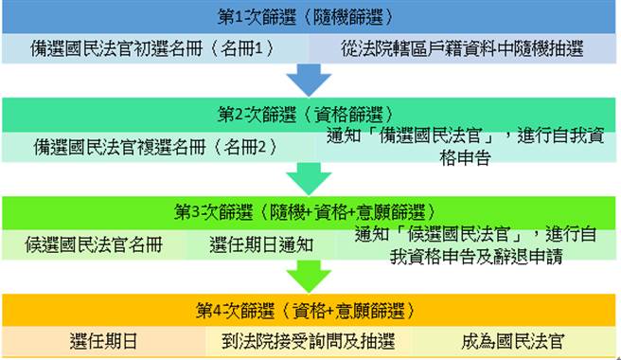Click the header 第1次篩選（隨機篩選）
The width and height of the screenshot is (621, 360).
coord(304,17)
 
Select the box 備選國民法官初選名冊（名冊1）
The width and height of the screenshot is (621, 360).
coord(151,48)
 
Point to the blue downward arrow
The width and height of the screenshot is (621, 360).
coord(304,79)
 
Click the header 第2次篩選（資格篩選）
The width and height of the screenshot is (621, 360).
coord(304,114)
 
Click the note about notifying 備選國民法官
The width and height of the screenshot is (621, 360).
coord(464,147)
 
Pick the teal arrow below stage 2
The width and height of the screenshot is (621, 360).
coord(304,177)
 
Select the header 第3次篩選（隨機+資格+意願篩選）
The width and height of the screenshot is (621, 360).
coord(304,210)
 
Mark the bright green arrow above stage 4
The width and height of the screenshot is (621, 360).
coord(304,276)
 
